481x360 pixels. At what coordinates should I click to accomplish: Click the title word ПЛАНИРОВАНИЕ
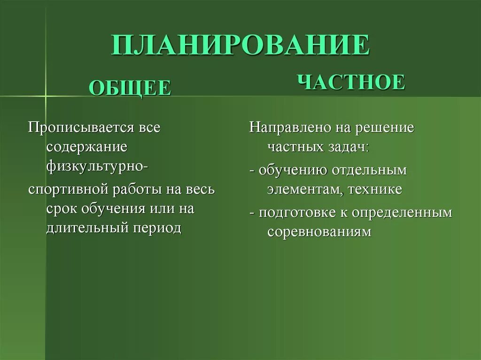coord(240,46)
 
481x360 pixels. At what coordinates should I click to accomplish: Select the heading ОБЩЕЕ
coord(130,88)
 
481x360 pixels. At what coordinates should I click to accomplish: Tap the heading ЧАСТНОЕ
coord(351,82)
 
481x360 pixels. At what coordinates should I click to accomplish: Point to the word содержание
coord(87,147)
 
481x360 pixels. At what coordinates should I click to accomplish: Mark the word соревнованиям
coord(319,231)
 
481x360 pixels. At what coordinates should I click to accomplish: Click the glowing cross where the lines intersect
coord(46,96)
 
